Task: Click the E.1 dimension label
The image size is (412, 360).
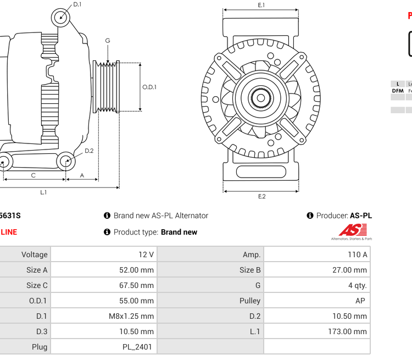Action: coord(261,5)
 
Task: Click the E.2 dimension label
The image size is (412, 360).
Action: coord(261,196)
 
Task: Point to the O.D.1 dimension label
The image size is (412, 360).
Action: coord(149,87)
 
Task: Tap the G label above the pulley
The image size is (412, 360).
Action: coord(108,41)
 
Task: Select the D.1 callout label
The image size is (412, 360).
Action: coord(77,4)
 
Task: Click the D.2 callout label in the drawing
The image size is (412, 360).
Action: coord(89,151)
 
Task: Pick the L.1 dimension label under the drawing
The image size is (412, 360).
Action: coord(43,192)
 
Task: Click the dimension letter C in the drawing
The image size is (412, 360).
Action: coord(34,175)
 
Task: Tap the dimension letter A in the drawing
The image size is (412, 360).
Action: coord(82,175)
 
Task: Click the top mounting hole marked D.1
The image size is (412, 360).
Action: coord(61,18)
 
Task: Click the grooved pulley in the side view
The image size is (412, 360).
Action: coord(107,86)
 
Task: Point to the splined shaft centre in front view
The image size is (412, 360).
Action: coord(261,98)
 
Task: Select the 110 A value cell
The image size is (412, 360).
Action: coord(357,254)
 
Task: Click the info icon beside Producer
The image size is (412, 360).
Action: coord(310,215)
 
